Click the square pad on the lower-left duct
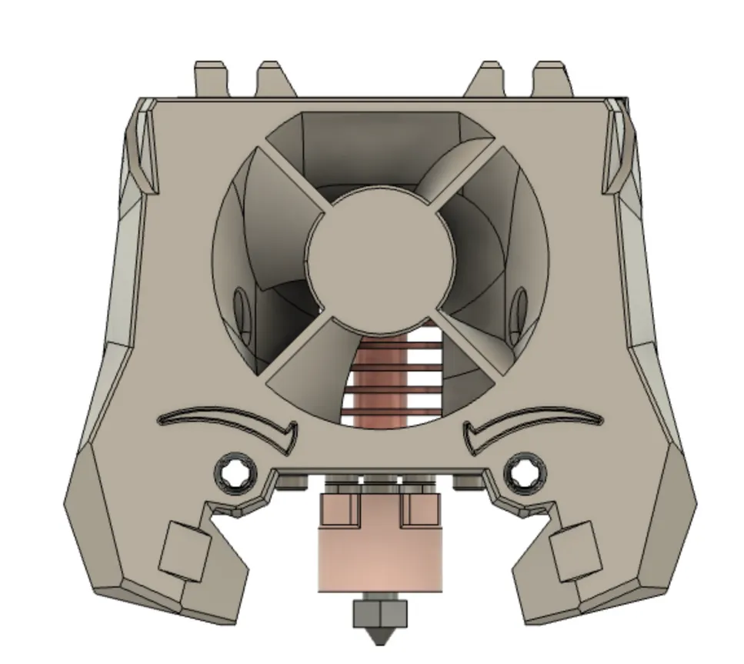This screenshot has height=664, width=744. click(185, 548)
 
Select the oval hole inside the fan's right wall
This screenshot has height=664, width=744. click(521, 307)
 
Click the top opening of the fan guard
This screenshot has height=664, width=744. click(377, 146)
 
